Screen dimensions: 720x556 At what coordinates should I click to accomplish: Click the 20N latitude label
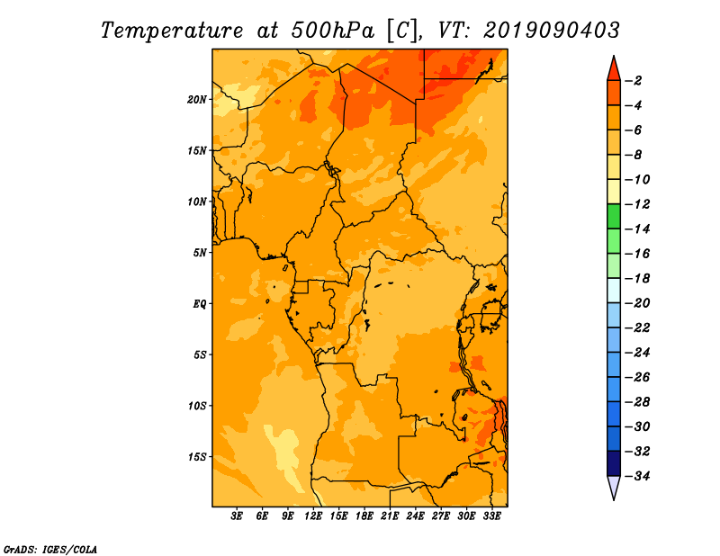pos(197,100)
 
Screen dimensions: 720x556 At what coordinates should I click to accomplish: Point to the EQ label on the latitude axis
pos(199,304)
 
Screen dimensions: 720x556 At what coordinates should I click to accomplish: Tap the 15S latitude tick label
pos(197,457)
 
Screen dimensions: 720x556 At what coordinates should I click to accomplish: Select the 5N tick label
pos(200,253)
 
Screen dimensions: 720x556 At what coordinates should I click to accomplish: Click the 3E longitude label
pos(237,516)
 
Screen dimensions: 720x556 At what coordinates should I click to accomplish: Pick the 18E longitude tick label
pos(364,516)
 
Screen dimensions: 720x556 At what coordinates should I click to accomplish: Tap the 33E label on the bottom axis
pos(491,516)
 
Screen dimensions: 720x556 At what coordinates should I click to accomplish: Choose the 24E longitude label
pos(415,516)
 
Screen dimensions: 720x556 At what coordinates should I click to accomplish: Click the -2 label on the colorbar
pos(634,81)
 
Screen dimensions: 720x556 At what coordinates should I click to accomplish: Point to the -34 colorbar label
pos(638,476)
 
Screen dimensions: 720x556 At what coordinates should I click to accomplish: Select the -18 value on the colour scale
pos(638,278)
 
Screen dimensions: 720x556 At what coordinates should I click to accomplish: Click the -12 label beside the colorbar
pos(638,204)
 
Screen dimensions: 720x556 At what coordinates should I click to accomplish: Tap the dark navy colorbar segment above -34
pos(614,463)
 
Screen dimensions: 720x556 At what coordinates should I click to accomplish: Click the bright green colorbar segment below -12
pos(614,216)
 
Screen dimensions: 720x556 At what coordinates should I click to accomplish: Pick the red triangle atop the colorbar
pos(614,68)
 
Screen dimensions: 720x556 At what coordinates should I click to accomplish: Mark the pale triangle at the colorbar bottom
pos(614,488)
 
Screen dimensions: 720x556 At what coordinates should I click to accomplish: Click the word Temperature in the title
pos(172,31)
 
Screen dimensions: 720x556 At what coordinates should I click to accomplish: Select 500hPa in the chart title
pos(333,31)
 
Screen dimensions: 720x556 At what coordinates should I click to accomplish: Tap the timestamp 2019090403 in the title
pos(551,31)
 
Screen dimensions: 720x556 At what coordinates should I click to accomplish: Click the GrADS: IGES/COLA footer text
pos(50,549)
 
